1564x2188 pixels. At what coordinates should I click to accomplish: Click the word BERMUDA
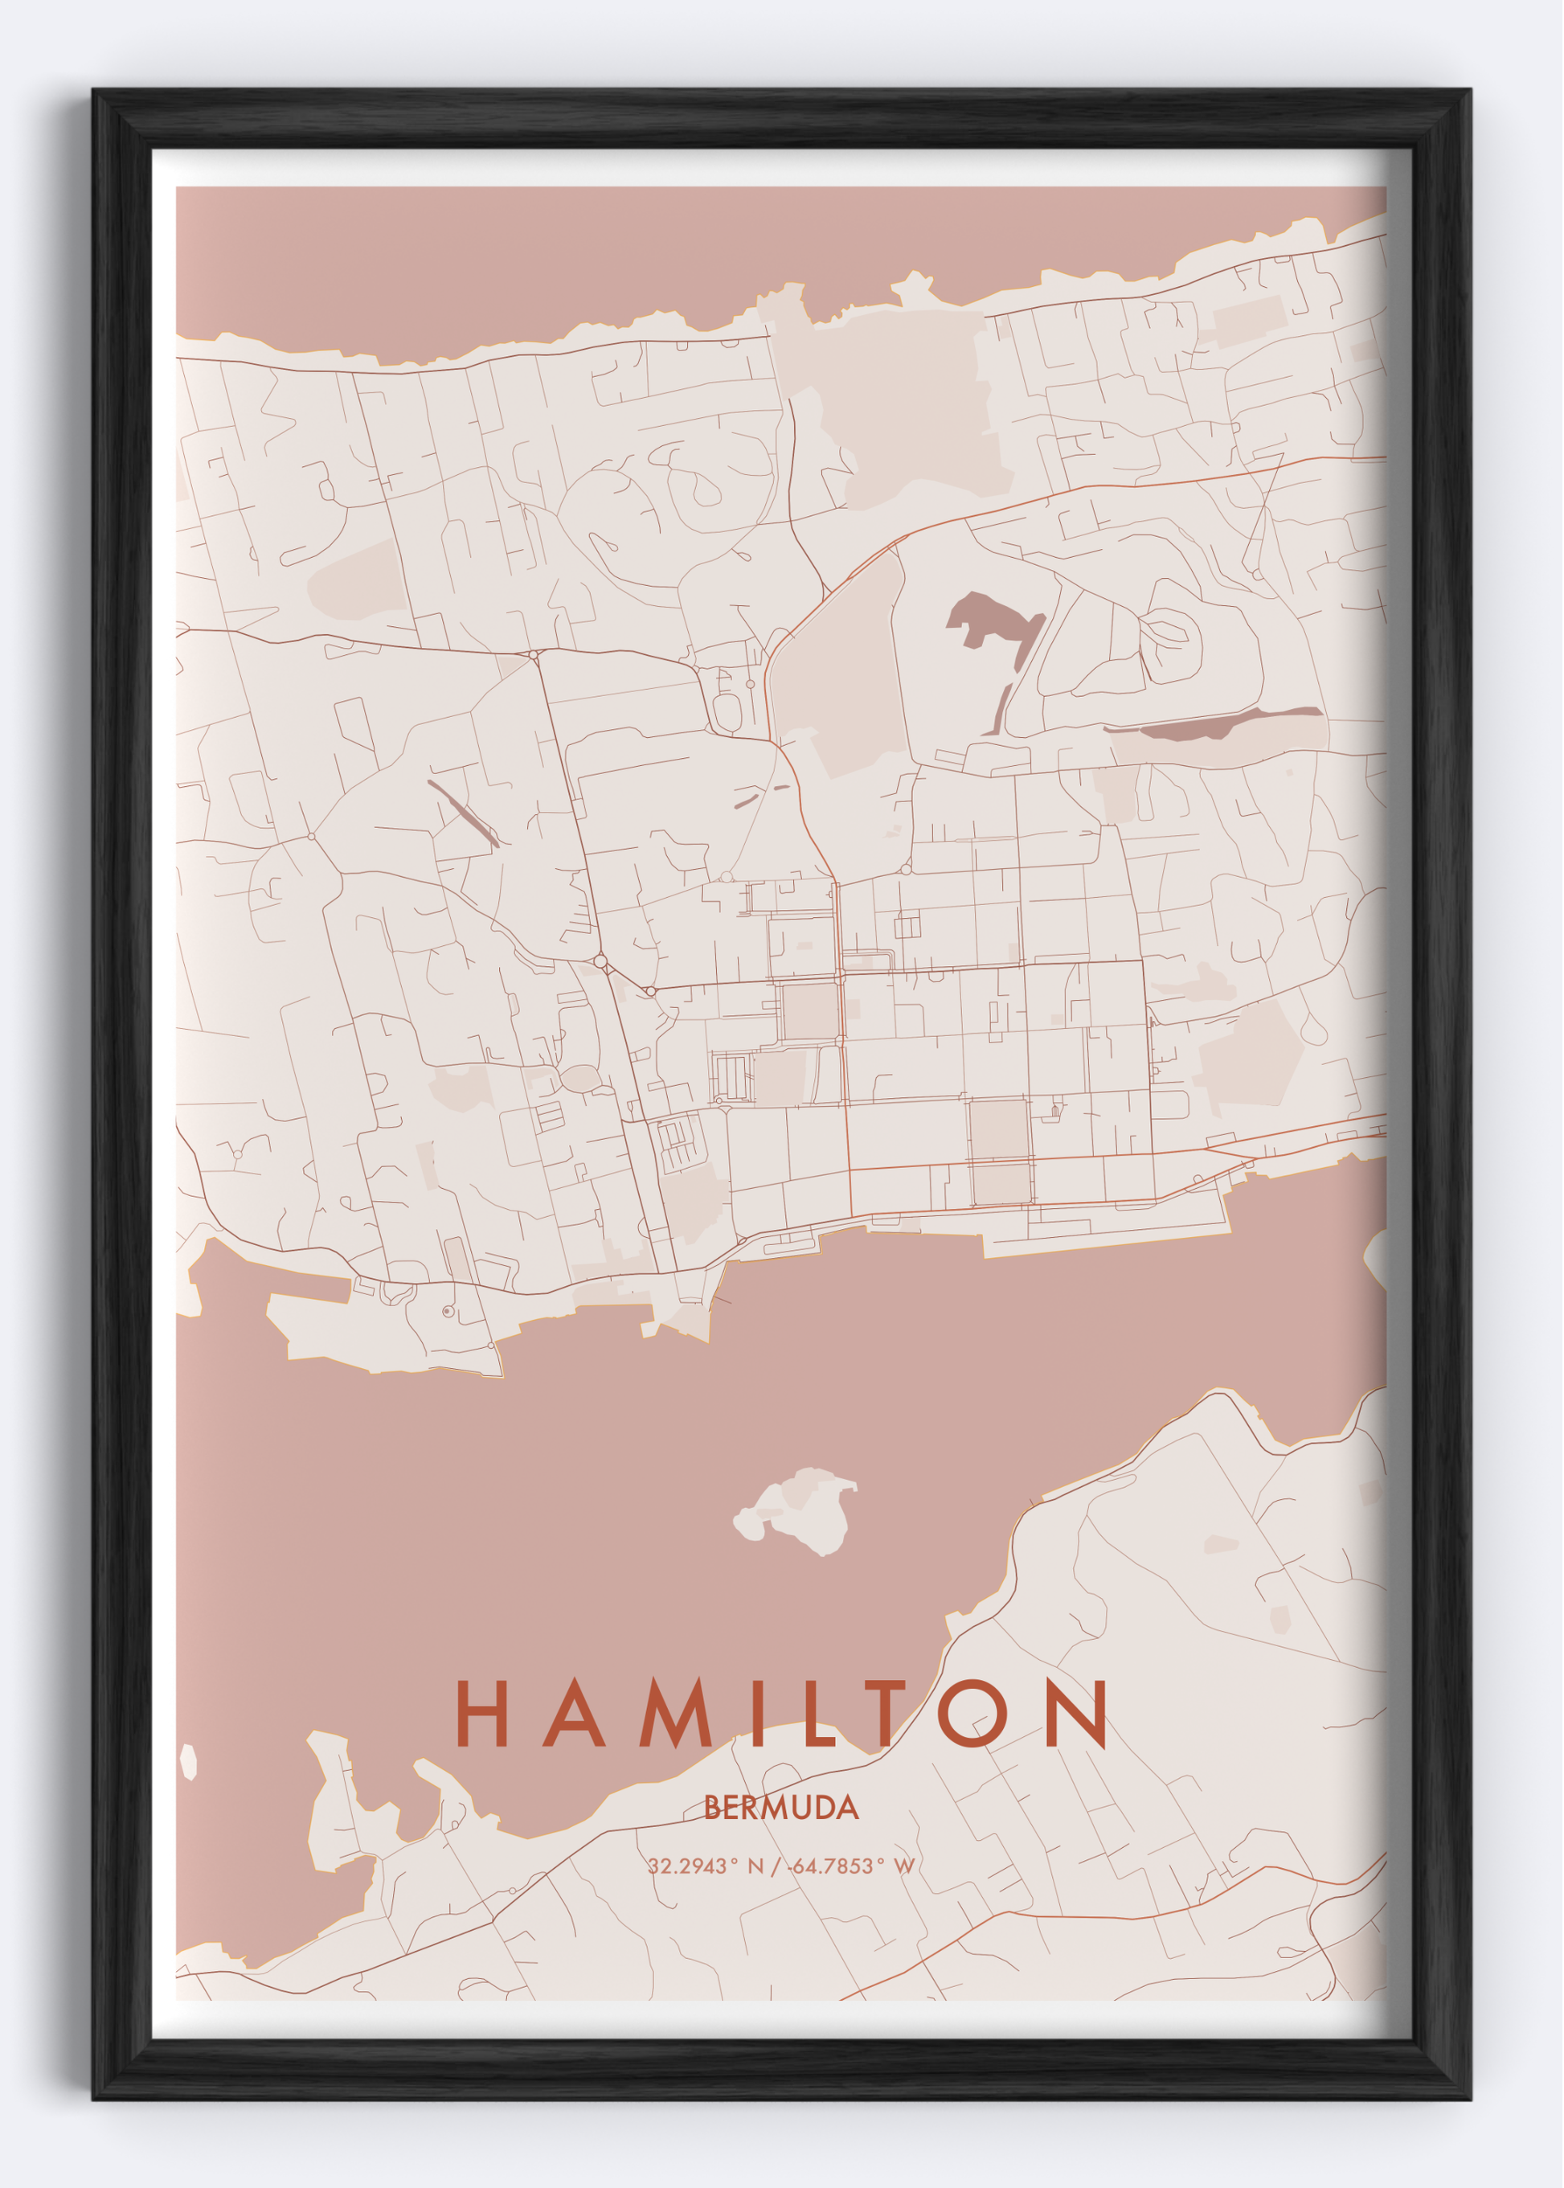pos(781,1808)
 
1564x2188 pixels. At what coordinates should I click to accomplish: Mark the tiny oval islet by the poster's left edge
pos(189,1761)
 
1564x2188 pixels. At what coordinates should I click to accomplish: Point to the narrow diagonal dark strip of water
pos(462,813)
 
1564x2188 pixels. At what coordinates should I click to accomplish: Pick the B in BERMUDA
pos(713,1808)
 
